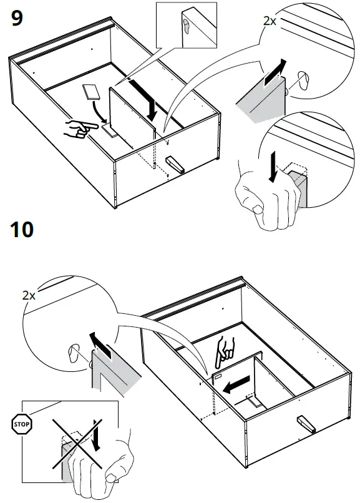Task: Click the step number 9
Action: point(17,18)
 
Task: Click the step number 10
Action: point(23,230)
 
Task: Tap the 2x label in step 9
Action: point(270,21)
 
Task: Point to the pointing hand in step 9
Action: point(77,129)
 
